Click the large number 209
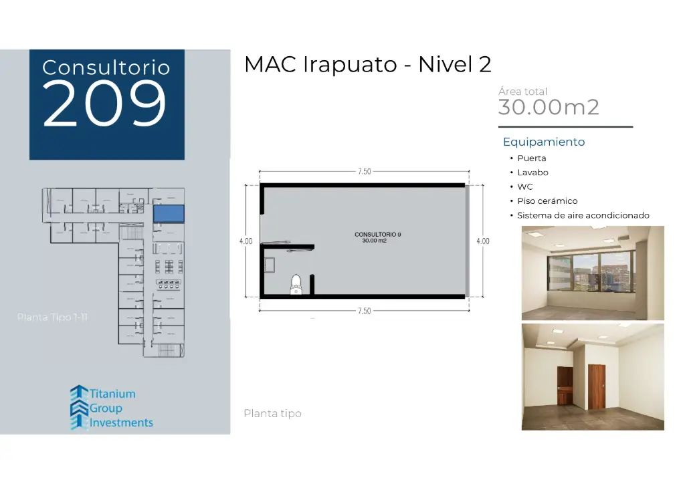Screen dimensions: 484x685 [105, 104]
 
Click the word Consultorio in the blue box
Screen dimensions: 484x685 [106, 68]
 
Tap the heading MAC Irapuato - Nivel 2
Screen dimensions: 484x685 [368, 64]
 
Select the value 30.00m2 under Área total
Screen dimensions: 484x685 [549, 107]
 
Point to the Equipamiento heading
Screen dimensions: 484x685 [544, 142]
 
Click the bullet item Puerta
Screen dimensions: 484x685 [532, 158]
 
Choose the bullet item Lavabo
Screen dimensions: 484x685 [532, 172]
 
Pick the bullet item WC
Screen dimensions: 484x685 [525, 187]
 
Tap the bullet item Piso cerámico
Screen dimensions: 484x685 [547, 201]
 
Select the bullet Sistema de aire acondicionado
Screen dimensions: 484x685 [583, 215]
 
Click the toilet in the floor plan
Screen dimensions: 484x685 [296, 286]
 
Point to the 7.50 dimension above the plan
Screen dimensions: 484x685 [364, 172]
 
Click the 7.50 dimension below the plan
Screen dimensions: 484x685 [364, 311]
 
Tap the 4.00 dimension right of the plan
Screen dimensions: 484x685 [482, 241]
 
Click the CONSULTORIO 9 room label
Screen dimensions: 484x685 [378, 235]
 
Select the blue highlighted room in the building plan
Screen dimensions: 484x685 [169, 213]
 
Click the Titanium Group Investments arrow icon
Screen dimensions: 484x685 [79, 407]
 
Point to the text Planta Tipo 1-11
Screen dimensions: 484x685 [52, 317]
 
